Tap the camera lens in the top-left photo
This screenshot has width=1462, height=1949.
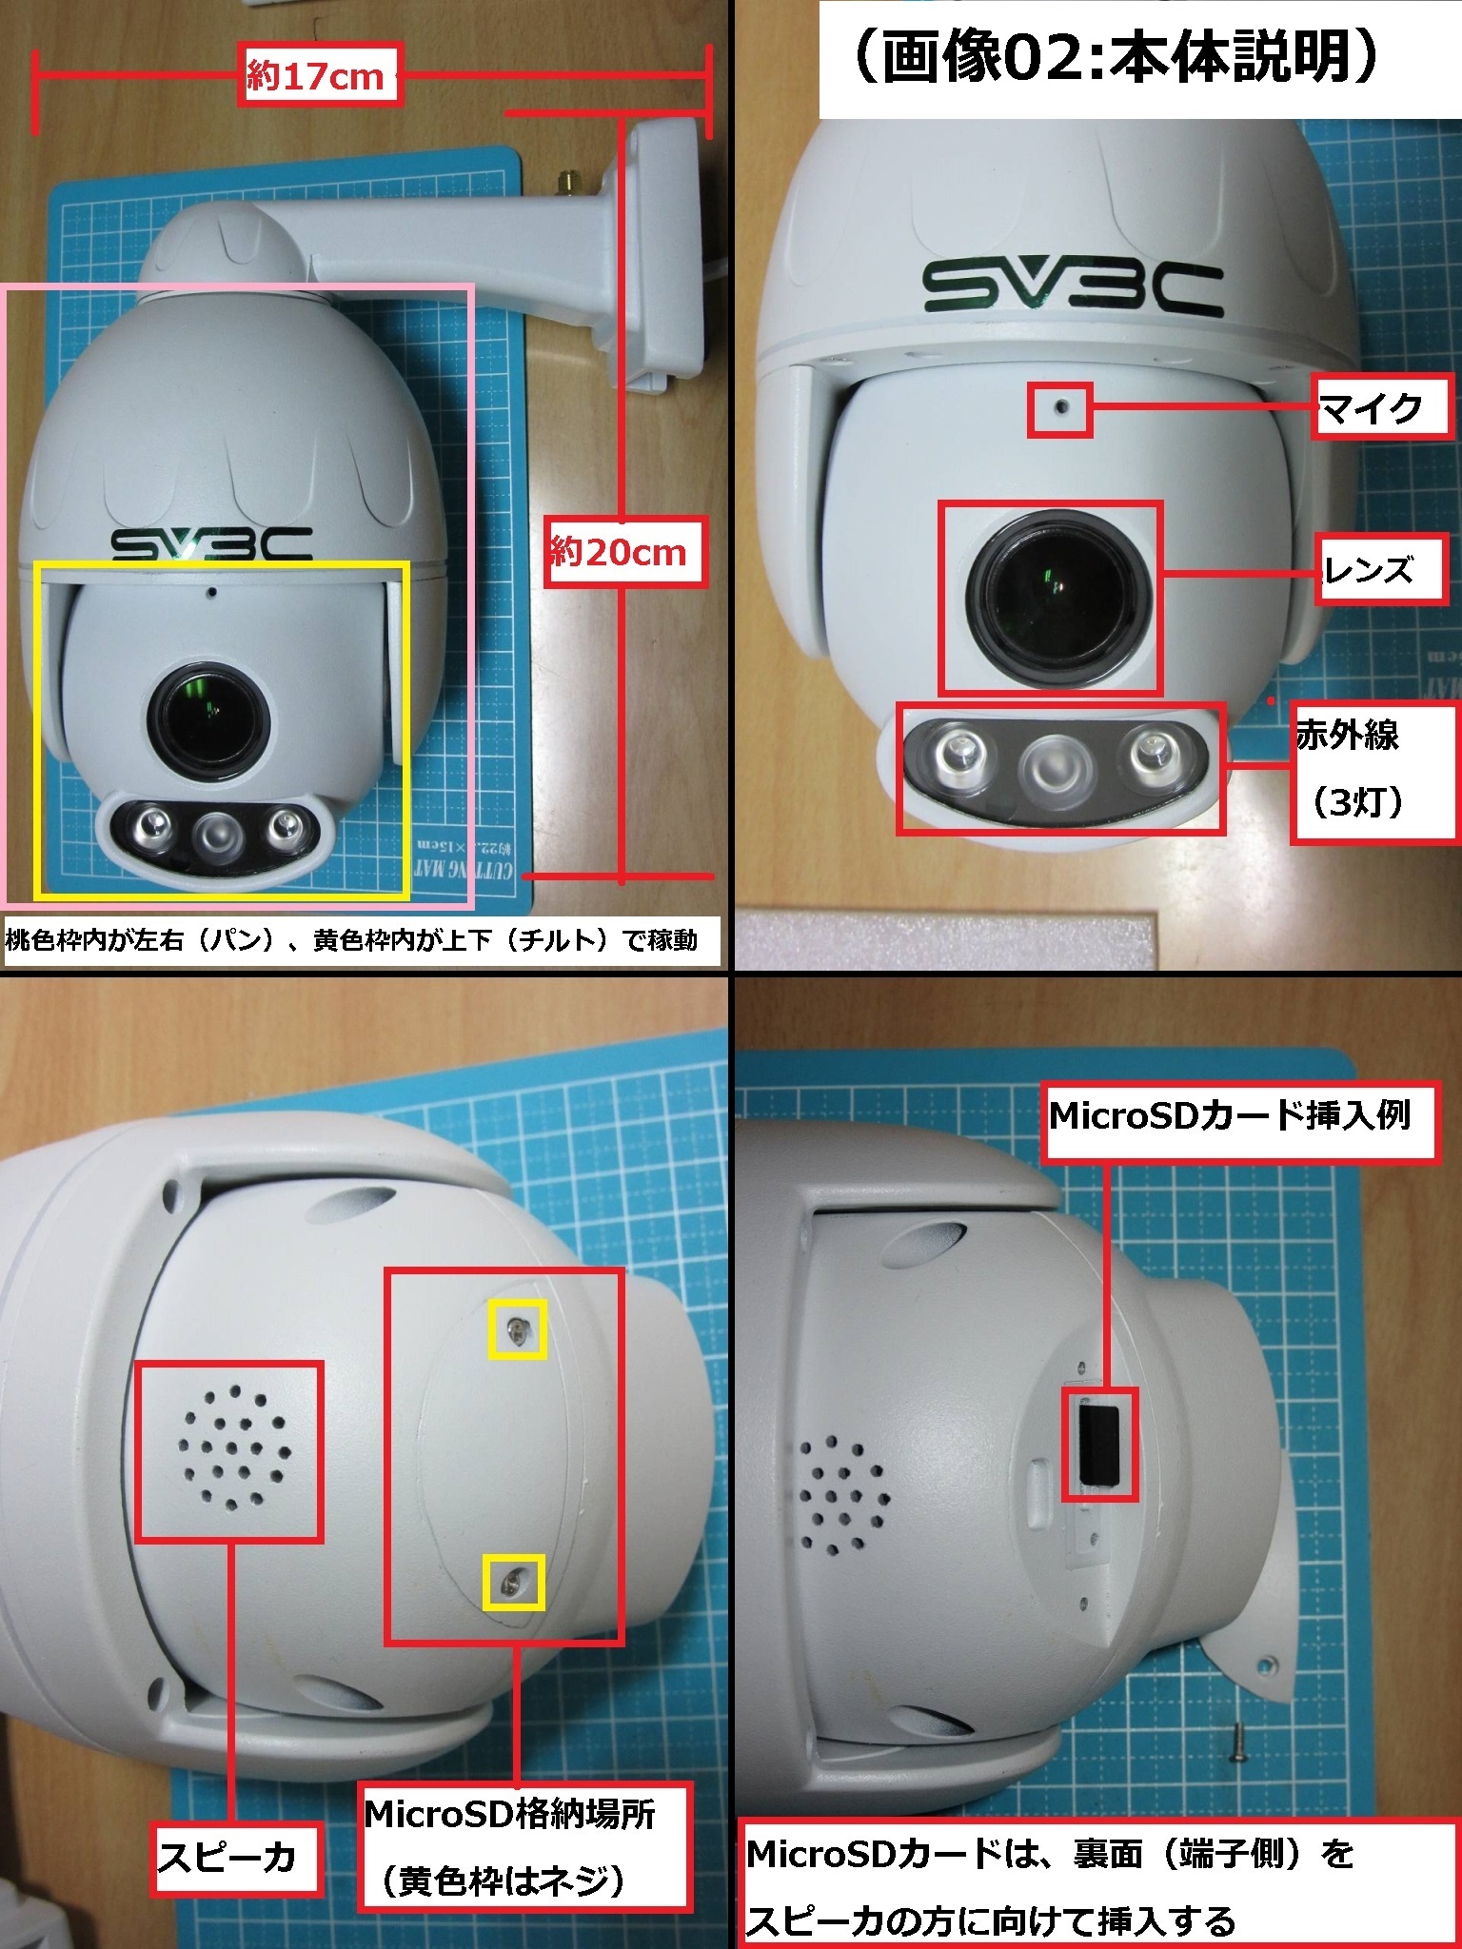tap(207, 712)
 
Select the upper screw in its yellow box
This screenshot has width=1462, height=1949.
tap(517, 1330)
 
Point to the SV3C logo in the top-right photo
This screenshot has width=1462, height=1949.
tap(1073, 288)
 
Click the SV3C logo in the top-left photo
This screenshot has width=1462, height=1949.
tap(211, 543)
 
